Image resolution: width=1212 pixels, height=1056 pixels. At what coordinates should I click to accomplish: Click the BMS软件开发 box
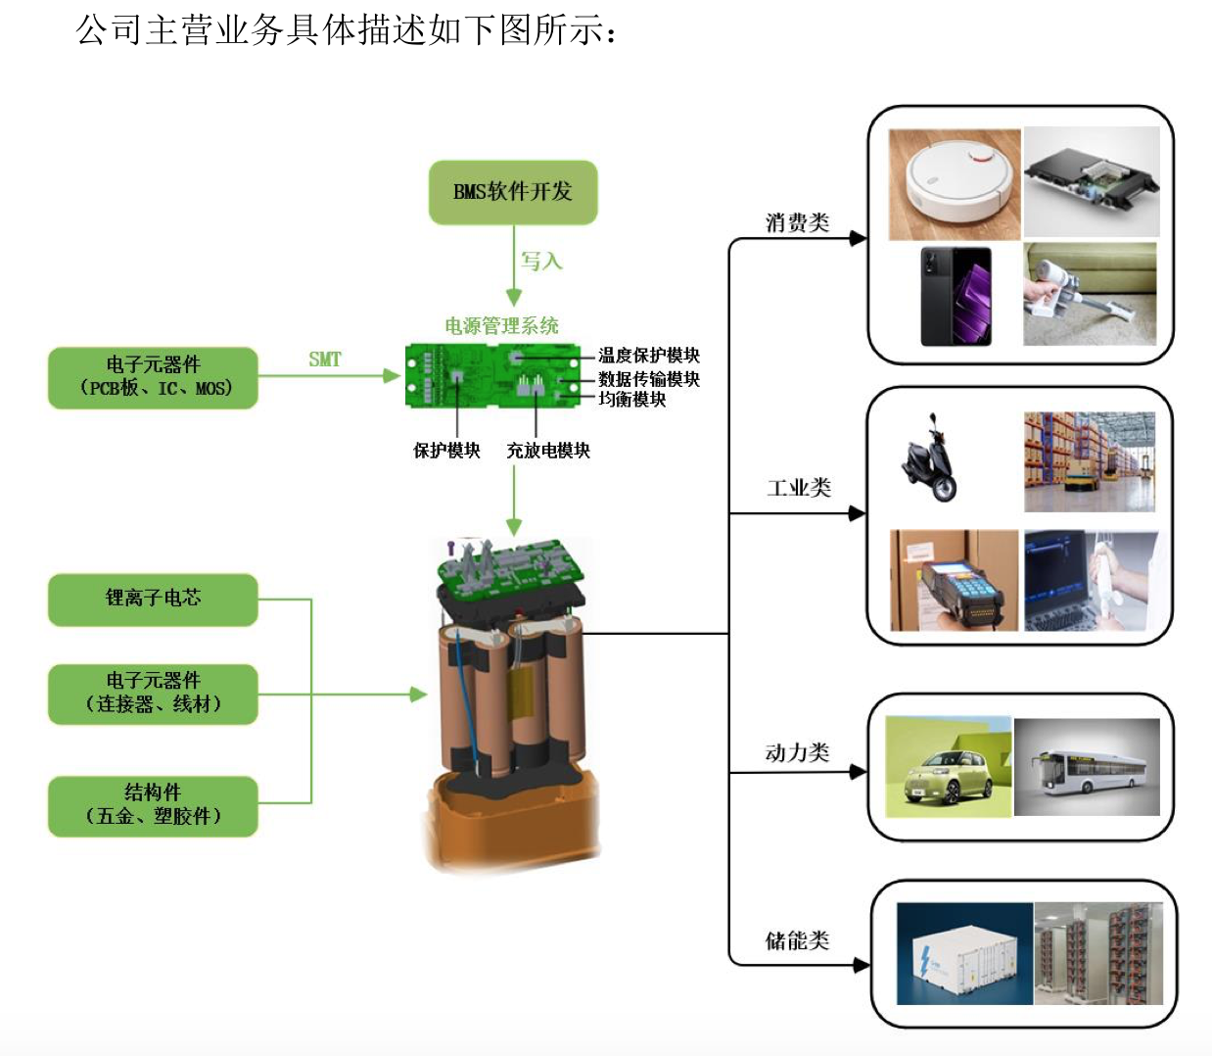click(x=513, y=192)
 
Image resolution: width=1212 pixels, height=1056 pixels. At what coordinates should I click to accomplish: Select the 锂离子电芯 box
click(x=153, y=599)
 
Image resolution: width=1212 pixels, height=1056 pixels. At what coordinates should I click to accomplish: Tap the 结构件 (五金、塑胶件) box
click(x=153, y=804)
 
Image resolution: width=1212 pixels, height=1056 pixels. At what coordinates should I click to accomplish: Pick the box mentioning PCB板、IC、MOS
click(x=153, y=377)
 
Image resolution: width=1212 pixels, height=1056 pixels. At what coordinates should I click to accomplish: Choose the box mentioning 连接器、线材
click(x=153, y=693)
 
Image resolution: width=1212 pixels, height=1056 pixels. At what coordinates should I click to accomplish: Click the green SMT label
click(x=325, y=360)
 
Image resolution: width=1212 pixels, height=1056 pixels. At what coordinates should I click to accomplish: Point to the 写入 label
click(x=541, y=261)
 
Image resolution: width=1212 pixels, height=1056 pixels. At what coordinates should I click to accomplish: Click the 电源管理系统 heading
click(x=501, y=325)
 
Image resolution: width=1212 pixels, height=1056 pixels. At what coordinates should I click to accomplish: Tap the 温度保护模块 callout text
click(x=649, y=355)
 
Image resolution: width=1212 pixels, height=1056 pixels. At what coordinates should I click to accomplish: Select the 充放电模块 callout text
click(x=548, y=451)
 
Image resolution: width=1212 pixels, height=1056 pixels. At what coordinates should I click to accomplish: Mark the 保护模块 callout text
click(x=446, y=451)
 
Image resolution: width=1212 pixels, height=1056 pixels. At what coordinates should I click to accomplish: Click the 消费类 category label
click(x=797, y=222)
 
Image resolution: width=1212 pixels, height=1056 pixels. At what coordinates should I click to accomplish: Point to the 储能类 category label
click(x=797, y=940)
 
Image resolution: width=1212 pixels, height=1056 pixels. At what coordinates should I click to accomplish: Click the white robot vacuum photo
click(x=954, y=184)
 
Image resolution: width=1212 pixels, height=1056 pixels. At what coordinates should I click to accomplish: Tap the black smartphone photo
click(x=956, y=296)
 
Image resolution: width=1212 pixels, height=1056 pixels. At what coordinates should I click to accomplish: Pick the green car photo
click(x=948, y=766)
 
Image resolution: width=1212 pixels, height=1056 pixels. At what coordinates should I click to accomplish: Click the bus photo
click(x=1087, y=767)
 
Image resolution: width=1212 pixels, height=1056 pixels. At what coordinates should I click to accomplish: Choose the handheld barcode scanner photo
click(x=954, y=580)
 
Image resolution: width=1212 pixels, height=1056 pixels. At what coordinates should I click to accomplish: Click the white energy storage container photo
click(x=964, y=953)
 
